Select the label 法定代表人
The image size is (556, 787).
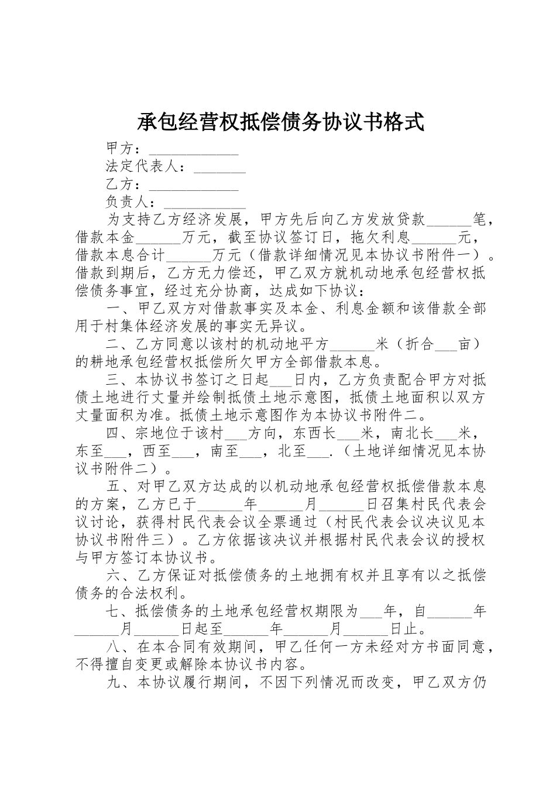[142, 167]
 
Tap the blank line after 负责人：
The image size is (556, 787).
[205, 204]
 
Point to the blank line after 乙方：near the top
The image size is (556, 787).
[194, 187]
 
